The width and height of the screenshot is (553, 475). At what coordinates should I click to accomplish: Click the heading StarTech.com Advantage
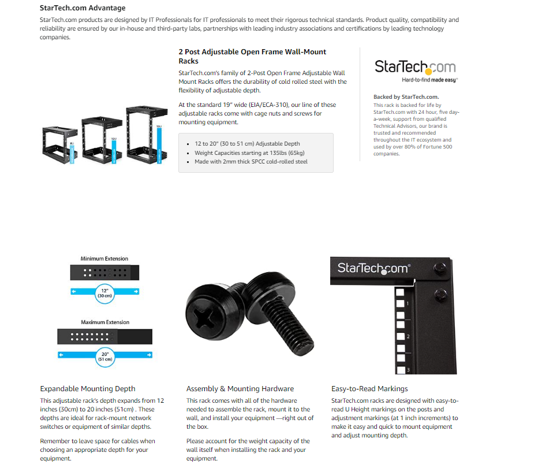(x=83, y=8)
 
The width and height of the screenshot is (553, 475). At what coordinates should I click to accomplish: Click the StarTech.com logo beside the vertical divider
(x=415, y=70)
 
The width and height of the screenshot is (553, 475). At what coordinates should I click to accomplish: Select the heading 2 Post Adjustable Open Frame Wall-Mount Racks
(x=252, y=56)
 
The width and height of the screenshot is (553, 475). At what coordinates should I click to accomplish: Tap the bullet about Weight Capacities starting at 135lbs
(x=249, y=153)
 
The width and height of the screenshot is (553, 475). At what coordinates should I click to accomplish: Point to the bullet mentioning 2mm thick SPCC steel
(x=251, y=162)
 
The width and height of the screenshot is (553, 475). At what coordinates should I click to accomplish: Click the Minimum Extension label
(x=104, y=258)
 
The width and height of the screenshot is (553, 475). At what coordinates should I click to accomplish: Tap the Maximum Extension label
(x=105, y=322)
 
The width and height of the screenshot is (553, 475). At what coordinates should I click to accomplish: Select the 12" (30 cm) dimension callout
(x=104, y=292)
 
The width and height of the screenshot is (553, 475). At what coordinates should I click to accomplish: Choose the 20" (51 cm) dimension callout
(x=104, y=355)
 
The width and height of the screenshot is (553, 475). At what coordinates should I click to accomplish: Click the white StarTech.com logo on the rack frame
(x=373, y=268)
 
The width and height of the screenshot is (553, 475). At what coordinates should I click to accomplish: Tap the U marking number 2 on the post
(x=408, y=336)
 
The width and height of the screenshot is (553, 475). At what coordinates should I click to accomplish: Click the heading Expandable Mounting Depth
(x=88, y=389)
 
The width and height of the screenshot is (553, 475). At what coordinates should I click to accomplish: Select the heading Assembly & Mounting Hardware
(x=240, y=389)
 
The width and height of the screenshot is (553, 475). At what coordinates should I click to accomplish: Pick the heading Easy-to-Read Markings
(x=369, y=389)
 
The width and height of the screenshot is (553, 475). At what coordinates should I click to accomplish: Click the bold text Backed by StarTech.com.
(x=406, y=97)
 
